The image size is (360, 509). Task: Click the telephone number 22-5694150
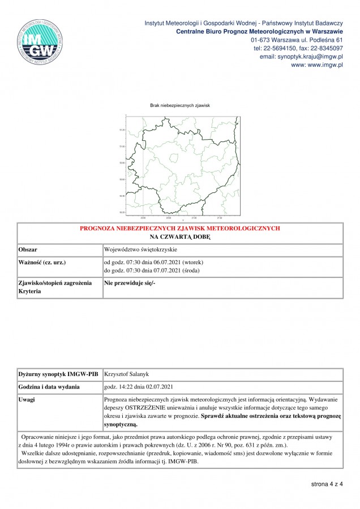281,49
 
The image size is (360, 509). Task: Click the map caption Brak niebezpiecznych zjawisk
180,105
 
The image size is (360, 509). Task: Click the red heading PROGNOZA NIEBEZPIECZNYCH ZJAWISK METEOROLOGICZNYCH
180,228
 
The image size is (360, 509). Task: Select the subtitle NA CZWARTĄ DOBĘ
180,236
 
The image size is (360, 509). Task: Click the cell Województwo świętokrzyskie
141,249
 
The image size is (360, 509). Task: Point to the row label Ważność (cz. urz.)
43,262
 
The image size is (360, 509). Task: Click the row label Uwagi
27,399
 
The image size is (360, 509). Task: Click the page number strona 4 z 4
327,484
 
